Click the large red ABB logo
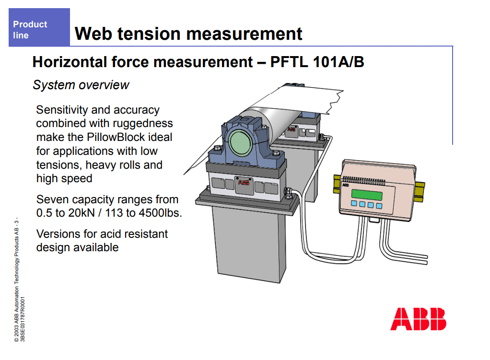[x=418, y=319]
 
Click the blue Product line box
[x=39, y=27]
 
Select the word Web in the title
[x=93, y=34]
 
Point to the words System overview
[x=81, y=85]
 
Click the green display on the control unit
[x=367, y=195]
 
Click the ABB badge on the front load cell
[x=244, y=182]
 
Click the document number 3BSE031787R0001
[x=23, y=319]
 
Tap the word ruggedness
[x=142, y=124]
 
